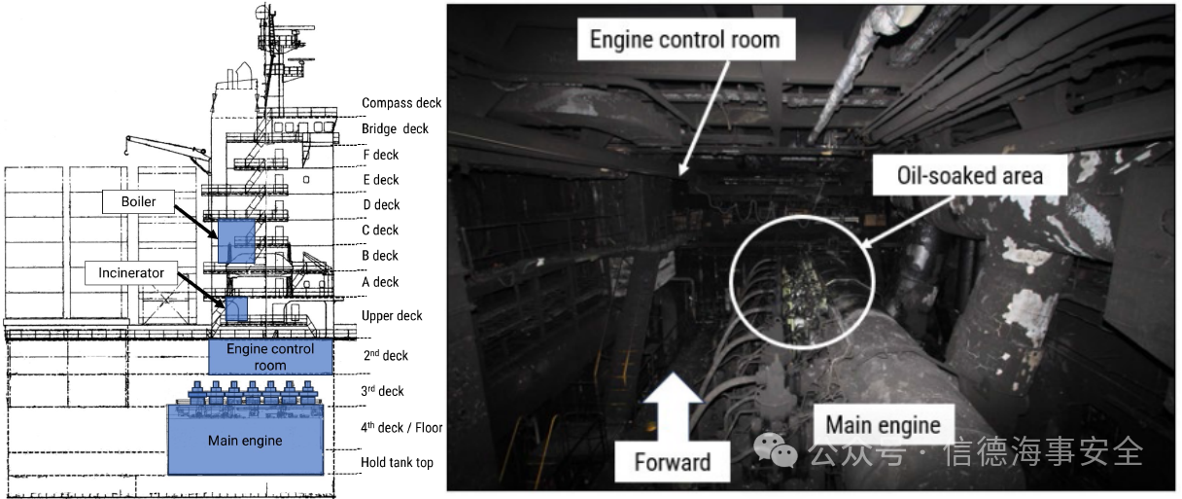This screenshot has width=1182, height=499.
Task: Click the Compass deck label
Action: point(401,103)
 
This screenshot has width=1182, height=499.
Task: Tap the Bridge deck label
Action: point(395,128)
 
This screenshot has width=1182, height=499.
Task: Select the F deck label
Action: point(380,155)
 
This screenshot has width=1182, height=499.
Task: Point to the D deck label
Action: point(381,205)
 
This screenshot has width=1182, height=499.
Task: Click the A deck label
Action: point(380,282)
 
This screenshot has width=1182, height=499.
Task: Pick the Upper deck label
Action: point(392,316)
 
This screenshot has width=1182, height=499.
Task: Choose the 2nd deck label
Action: point(385,355)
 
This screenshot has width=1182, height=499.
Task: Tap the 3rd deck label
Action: point(382,391)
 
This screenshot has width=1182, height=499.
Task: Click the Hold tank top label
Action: point(397,463)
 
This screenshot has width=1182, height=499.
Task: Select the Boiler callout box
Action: point(138,201)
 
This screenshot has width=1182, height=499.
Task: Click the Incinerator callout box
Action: point(131,273)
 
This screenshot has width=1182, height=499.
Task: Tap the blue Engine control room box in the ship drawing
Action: point(270,357)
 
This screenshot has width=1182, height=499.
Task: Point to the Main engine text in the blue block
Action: point(245,441)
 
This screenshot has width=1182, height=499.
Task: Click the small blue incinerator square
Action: point(236,309)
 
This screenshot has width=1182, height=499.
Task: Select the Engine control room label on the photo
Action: point(685,40)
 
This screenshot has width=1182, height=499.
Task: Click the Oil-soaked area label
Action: point(970,175)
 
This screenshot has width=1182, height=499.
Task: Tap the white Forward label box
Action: point(673,462)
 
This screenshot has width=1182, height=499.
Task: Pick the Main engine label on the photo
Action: point(884,425)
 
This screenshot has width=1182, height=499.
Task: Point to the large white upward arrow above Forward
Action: point(673,407)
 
